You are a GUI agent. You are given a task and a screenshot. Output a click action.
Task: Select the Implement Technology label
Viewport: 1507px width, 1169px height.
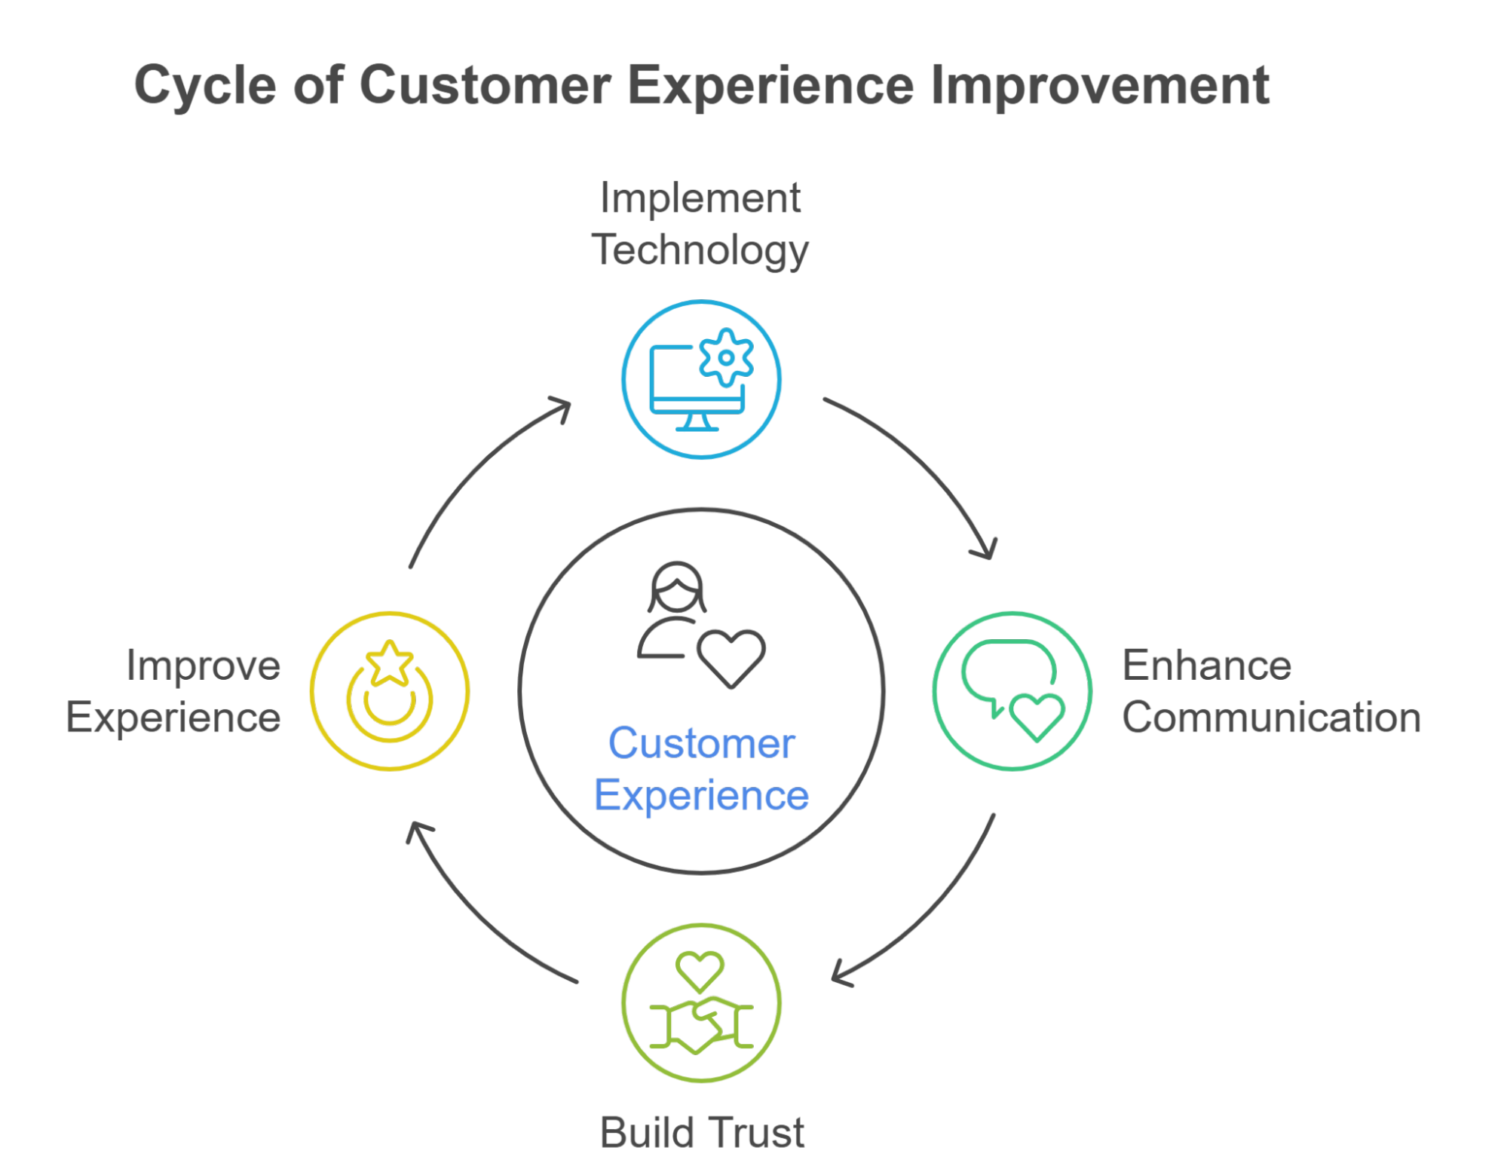pos(700,224)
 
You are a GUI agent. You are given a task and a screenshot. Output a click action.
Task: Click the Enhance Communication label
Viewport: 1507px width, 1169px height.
pos(1270,691)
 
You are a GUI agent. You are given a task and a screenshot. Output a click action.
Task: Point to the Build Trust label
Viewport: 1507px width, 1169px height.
pos(702,1132)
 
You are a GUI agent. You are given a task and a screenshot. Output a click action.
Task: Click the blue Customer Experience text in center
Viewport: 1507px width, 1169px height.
pos(701,770)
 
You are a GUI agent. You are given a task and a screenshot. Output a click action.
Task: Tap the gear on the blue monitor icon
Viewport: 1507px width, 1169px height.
pos(725,358)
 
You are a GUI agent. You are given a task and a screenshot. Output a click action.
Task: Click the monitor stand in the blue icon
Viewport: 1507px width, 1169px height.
pos(697,423)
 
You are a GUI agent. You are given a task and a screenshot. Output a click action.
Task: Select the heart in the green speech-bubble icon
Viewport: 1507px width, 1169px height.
pos(1037,716)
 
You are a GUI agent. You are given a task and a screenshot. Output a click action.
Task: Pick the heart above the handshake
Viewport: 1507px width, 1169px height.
pos(700,970)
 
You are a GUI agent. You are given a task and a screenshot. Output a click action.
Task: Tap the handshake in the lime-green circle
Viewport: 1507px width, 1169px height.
pos(701,1025)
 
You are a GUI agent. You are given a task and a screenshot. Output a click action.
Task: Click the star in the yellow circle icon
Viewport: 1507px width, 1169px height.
pos(389,664)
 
